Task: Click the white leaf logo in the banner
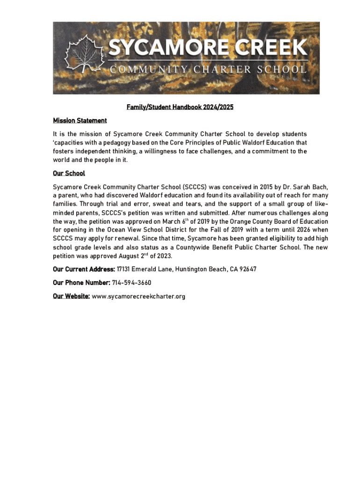click(85, 55)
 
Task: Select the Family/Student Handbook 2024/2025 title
click(180, 108)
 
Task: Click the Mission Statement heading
click(80, 121)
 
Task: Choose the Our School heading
click(69, 173)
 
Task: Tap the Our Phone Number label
click(81, 283)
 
